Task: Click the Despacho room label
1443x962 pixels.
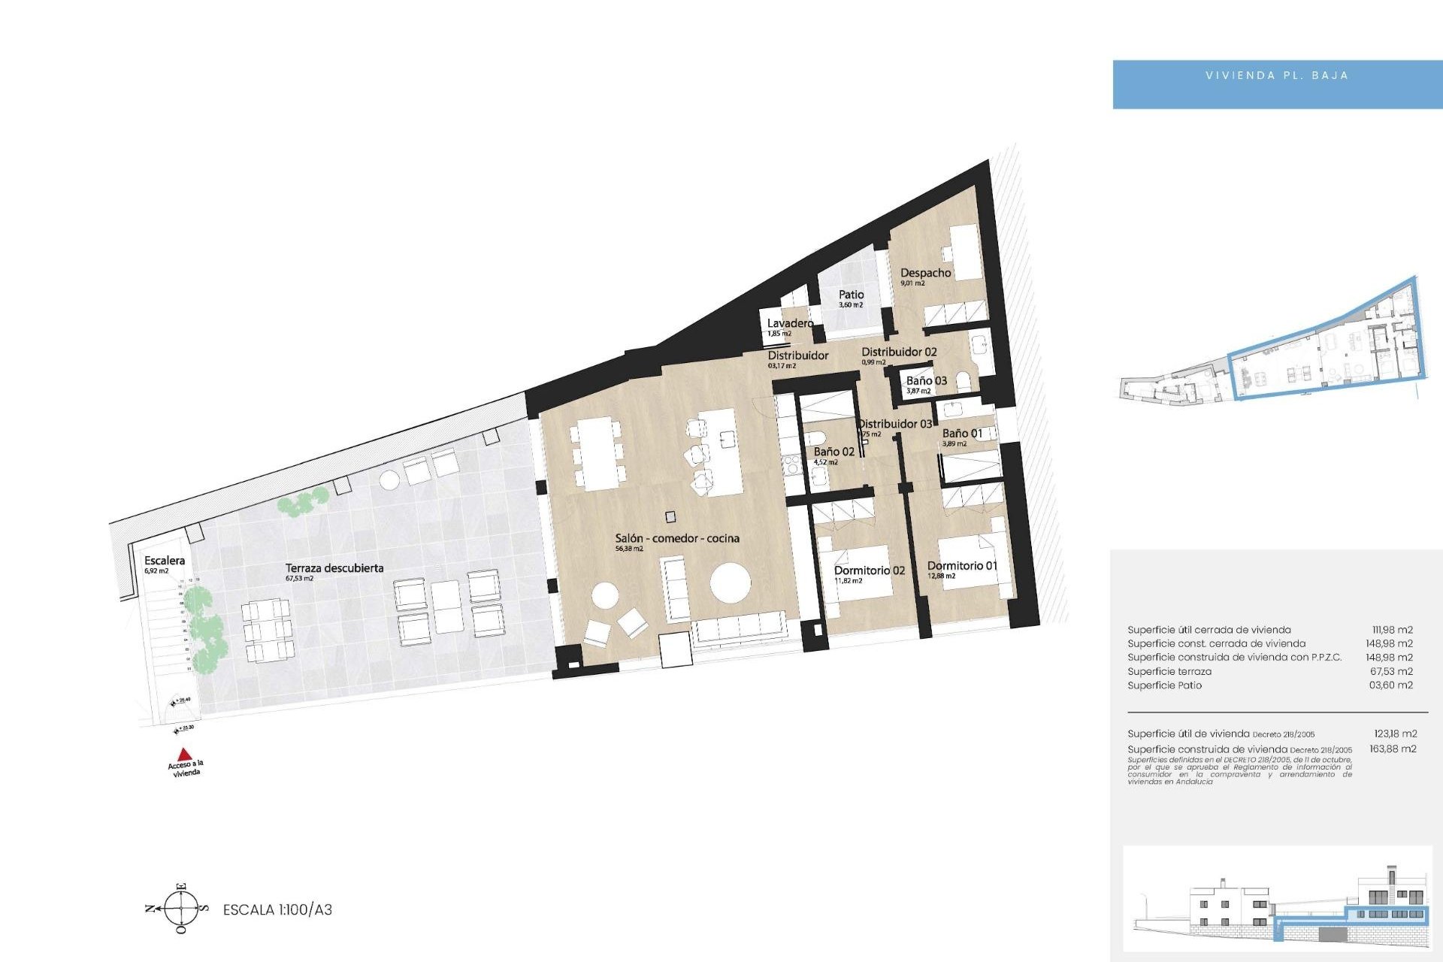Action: point(925,273)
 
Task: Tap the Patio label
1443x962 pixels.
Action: point(851,295)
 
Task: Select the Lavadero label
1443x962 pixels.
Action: point(790,323)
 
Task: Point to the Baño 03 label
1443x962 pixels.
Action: point(926,381)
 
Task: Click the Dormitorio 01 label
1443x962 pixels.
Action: point(962,566)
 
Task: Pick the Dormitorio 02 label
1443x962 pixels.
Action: point(870,570)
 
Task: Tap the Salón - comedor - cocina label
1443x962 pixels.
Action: point(677,538)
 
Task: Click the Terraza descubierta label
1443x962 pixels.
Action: point(334,568)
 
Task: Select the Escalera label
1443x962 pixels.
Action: point(165,561)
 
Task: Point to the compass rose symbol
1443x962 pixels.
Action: point(181,908)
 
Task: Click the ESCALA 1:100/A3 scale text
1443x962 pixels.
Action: point(277,909)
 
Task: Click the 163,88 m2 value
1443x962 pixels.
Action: point(1393,749)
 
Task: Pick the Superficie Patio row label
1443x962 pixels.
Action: point(1164,685)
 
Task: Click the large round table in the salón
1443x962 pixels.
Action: point(731,583)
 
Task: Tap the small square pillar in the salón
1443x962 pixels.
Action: point(670,517)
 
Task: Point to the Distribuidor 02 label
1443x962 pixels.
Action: point(899,352)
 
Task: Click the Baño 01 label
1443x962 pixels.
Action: point(962,434)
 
